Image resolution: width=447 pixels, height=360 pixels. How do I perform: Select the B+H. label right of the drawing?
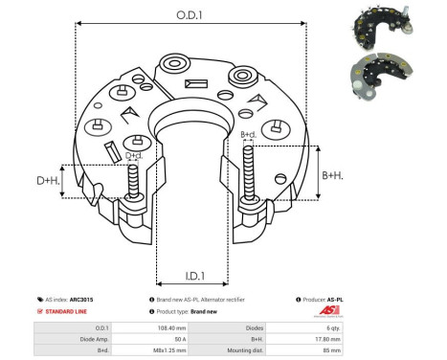click(x=332, y=175)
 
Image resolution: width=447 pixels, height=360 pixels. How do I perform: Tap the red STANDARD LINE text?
click(x=68, y=312)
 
